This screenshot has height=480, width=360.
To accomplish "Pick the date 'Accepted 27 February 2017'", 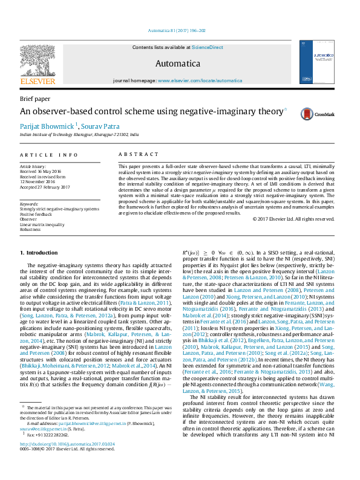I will (45, 187).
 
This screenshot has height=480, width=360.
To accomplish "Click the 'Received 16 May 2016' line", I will (41, 171).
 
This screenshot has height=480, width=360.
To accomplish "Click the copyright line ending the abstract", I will (294, 219).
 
